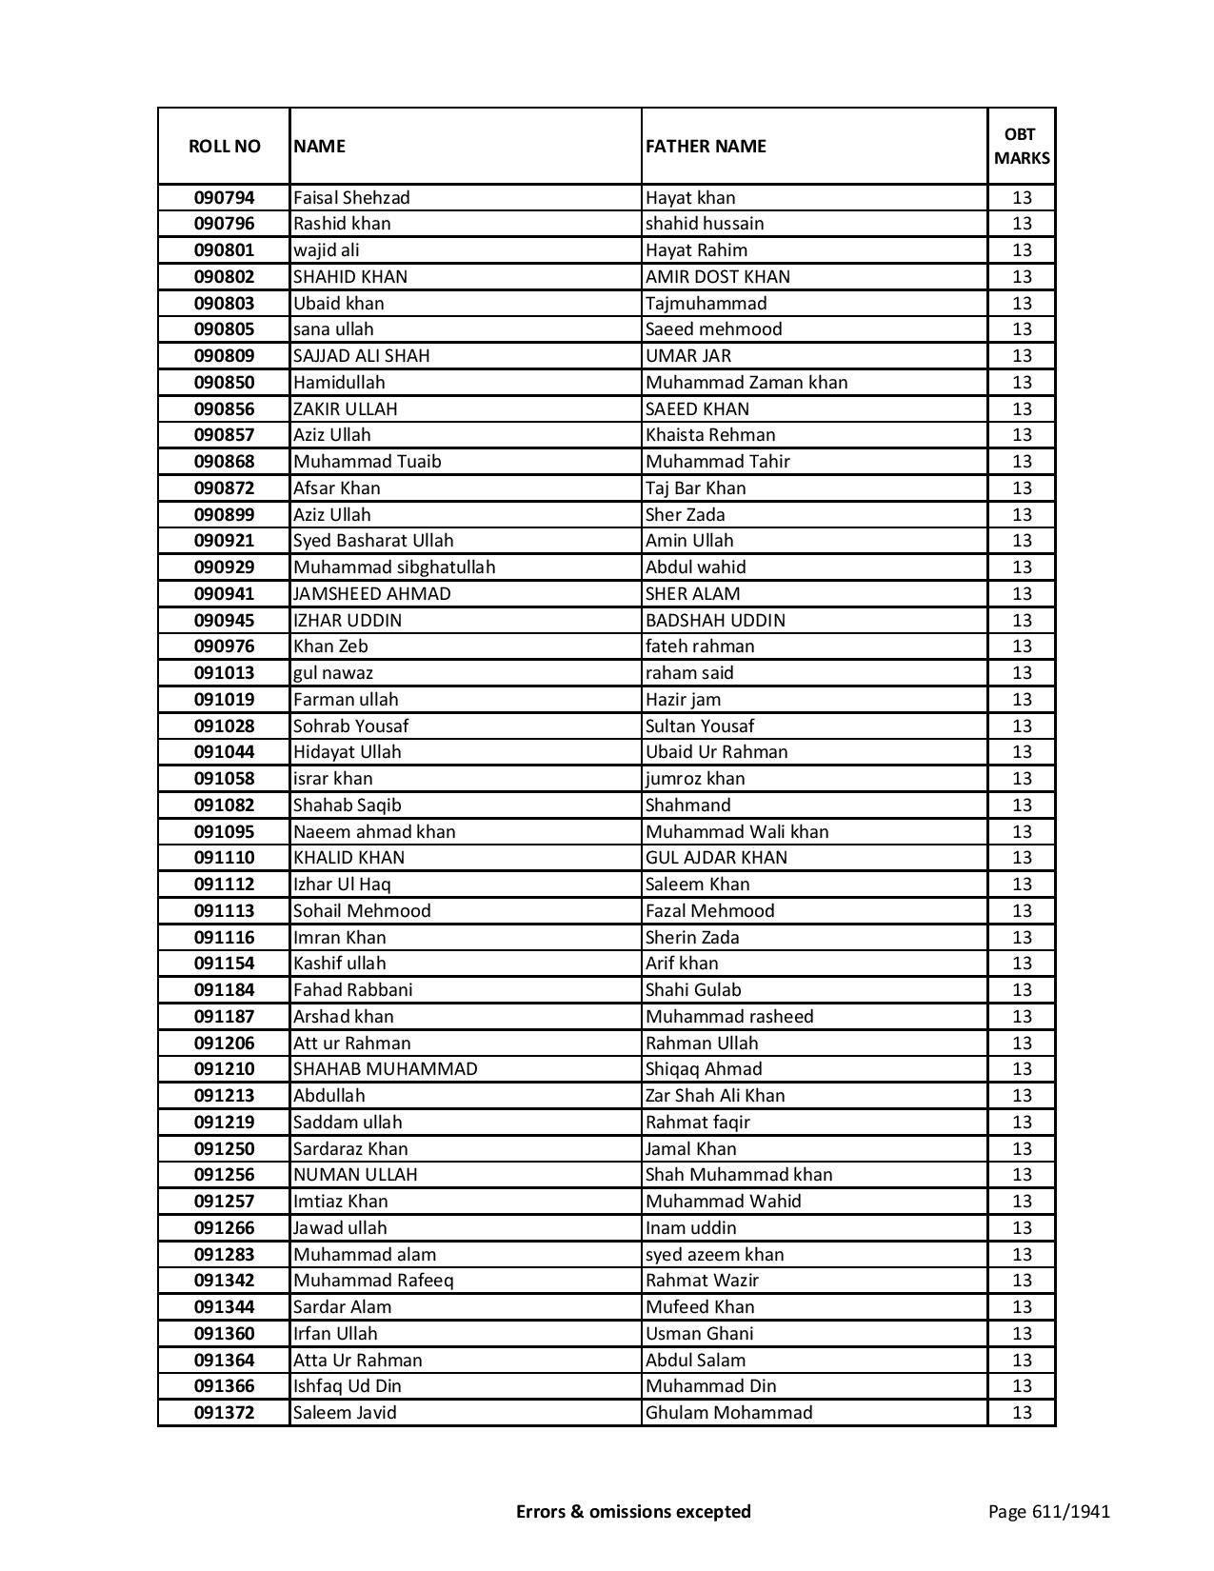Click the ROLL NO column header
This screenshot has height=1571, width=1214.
pos(224,146)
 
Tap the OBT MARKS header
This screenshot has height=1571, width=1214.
pos(1022,146)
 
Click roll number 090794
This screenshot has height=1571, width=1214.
pos(224,198)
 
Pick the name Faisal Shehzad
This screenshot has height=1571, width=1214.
pos(351,198)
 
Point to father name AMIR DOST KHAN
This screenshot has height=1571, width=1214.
pos(717,277)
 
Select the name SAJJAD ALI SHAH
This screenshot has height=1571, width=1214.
pos(361,356)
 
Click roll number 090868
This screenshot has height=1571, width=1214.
pos(224,462)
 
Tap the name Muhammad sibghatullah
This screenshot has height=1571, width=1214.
pos(394,567)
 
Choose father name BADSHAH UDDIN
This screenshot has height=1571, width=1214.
pos(715,621)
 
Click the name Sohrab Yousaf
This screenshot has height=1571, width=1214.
pos(350,726)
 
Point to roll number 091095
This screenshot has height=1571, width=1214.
pos(224,832)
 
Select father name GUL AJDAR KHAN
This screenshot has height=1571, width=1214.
pos(716,858)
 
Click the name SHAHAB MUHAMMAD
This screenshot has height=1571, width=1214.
pos(385,1069)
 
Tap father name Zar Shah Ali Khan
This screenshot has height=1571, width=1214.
pos(715,1096)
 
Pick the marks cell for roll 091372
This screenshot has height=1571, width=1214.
pos(1022,1413)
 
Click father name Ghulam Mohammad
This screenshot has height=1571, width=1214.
pos(728,1413)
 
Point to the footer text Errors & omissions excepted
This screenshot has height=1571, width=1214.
pos(633,1511)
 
